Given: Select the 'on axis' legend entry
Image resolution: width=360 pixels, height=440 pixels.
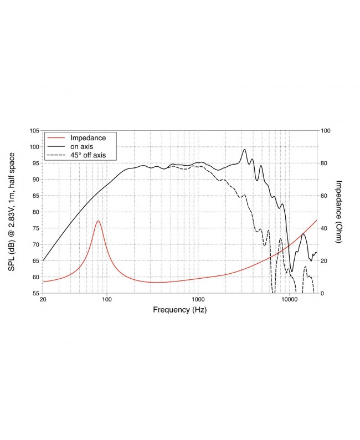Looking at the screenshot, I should point(81,146).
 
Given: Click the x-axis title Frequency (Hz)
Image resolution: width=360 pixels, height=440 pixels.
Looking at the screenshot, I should point(179,310).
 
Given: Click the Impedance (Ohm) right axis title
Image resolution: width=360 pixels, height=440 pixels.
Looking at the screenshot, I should point(340,212).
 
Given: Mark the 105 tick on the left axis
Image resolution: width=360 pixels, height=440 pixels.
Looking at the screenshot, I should point(34,131).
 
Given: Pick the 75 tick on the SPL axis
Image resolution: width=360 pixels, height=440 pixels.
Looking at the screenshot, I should point(35,228).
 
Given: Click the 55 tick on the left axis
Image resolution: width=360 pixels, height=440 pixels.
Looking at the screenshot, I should point(35,293).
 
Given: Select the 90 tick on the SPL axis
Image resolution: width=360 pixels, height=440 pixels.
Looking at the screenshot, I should point(35,180).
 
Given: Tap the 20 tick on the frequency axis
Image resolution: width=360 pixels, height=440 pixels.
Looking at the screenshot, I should point(43,299).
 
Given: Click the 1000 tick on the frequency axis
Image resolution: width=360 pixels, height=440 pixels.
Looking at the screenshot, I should point(198,299).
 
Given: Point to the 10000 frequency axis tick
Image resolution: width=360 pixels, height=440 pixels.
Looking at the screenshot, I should point(289,299).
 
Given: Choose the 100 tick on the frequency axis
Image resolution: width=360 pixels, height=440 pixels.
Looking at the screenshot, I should point(107,299).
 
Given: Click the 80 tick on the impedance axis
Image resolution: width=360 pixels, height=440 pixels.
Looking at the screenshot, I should point(325,163).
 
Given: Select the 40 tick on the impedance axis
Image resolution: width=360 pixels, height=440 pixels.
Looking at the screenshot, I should point(325,228).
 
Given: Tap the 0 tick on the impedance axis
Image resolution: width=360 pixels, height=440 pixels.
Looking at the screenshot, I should point(323,293).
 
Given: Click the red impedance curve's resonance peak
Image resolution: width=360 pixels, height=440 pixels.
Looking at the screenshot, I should point(98,221).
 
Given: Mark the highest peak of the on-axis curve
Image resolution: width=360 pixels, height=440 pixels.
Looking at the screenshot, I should point(244,150).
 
